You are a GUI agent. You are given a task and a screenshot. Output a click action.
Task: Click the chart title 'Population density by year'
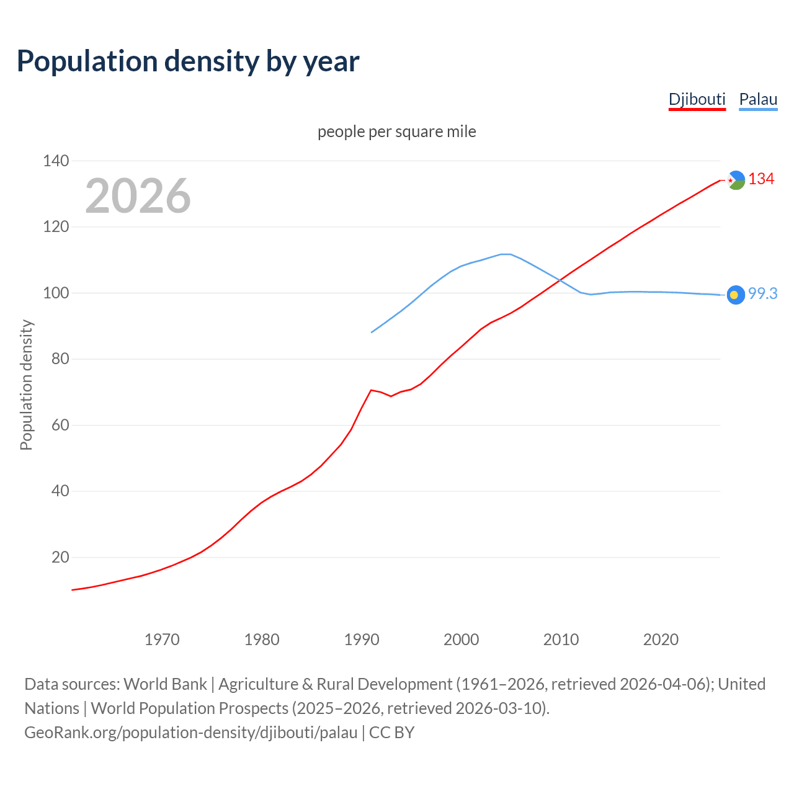click(188, 61)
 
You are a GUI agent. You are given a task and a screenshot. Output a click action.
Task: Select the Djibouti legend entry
click(697, 99)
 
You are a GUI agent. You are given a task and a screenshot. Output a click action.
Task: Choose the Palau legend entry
click(758, 99)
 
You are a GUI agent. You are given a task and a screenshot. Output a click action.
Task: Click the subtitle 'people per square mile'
click(396, 132)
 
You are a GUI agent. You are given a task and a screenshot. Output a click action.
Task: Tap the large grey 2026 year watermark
click(138, 196)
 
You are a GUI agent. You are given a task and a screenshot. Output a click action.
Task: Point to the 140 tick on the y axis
click(56, 161)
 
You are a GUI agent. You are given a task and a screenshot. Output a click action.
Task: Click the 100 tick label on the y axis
click(56, 293)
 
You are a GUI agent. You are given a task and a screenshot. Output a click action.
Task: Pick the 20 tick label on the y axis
click(60, 558)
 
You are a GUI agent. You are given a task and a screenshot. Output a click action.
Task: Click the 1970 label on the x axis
click(162, 640)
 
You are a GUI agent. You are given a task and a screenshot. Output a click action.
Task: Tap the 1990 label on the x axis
click(362, 640)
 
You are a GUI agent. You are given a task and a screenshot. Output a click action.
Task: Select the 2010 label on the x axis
click(561, 640)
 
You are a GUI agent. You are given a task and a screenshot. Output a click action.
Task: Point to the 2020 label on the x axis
click(661, 640)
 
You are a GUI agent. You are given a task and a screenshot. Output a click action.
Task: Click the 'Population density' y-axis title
click(26, 385)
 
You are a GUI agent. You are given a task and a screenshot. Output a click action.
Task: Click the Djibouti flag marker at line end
click(736, 180)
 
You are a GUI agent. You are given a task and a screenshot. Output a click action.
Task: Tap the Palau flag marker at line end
click(736, 295)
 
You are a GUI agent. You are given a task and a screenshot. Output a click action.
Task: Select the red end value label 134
click(761, 179)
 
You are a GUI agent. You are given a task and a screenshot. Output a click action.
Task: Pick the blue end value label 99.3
click(762, 294)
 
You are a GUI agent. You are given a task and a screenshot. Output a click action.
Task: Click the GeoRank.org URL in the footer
click(191, 733)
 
